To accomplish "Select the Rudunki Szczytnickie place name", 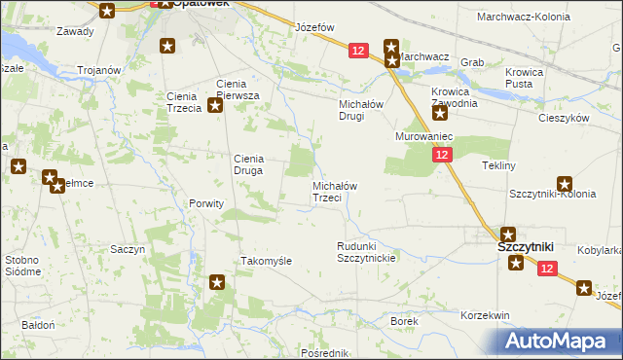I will point(365,252).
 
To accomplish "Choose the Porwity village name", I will point(206,204).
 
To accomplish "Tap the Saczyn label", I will point(128,249).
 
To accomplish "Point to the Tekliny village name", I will point(498,165).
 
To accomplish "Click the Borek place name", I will point(404,320).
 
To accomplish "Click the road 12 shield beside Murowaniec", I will point(443,156).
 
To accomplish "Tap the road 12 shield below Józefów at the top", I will point(357,51).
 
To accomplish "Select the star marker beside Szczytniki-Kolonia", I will point(565,184).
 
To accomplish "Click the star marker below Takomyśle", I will point(217,283).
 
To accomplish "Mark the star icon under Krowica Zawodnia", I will point(440,114).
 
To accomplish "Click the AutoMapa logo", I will point(559,341).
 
